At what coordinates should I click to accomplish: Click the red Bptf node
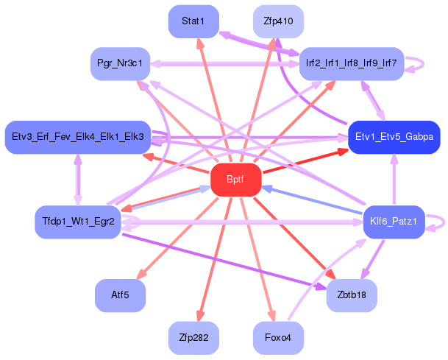(x=236, y=180)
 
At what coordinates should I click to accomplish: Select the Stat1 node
(x=193, y=21)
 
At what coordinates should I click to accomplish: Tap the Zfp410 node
(x=278, y=21)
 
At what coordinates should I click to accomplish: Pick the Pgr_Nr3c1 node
(x=120, y=63)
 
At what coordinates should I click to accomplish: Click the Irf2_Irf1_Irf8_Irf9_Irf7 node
(x=352, y=63)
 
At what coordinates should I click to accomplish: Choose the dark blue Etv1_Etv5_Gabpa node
(x=394, y=137)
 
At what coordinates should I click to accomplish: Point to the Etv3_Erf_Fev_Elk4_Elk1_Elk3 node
(x=78, y=137)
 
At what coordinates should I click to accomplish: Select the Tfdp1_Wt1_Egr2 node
(x=78, y=222)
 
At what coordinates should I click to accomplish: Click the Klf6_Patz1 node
(x=394, y=222)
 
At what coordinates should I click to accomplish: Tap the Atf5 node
(x=120, y=295)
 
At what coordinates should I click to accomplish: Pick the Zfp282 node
(x=193, y=338)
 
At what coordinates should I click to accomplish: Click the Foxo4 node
(x=278, y=338)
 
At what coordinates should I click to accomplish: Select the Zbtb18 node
(x=352, y=295)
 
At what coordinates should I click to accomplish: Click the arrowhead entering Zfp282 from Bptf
(x=200, y=316)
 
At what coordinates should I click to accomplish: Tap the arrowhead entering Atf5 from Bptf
(x=142, y=274)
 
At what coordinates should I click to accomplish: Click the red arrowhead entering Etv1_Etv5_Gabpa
(x=343, y=152)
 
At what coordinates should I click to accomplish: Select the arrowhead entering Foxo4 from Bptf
(x=271, y=316)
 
